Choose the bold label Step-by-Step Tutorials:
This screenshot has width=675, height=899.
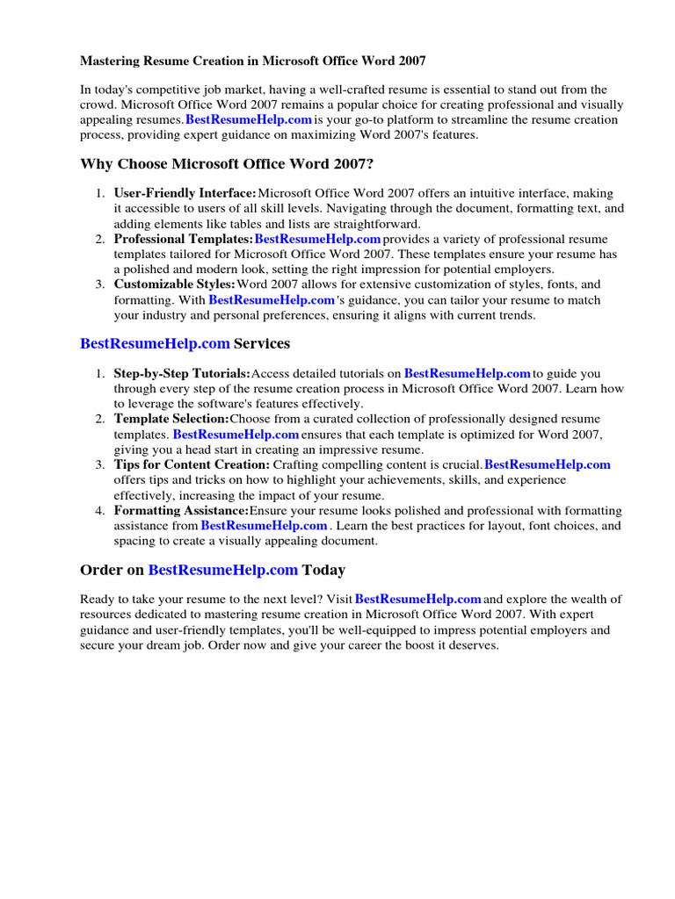[182, 373]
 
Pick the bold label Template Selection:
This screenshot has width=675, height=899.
[171, 419]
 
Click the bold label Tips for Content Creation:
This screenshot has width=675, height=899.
[192, 464]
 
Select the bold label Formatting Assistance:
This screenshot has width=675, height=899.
[181, 510]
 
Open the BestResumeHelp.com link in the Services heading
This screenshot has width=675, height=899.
[155, 343]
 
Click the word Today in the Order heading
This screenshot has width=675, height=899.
[323, 570]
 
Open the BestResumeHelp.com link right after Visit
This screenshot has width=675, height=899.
[417, 599]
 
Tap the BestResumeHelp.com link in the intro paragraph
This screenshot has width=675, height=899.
[249, 119]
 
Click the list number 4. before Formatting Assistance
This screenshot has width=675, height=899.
[100, 510]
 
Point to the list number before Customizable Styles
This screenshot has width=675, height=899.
[100, 284]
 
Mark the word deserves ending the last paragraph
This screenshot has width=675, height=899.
[472, 644]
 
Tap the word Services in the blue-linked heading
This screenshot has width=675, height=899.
[262, 343]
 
